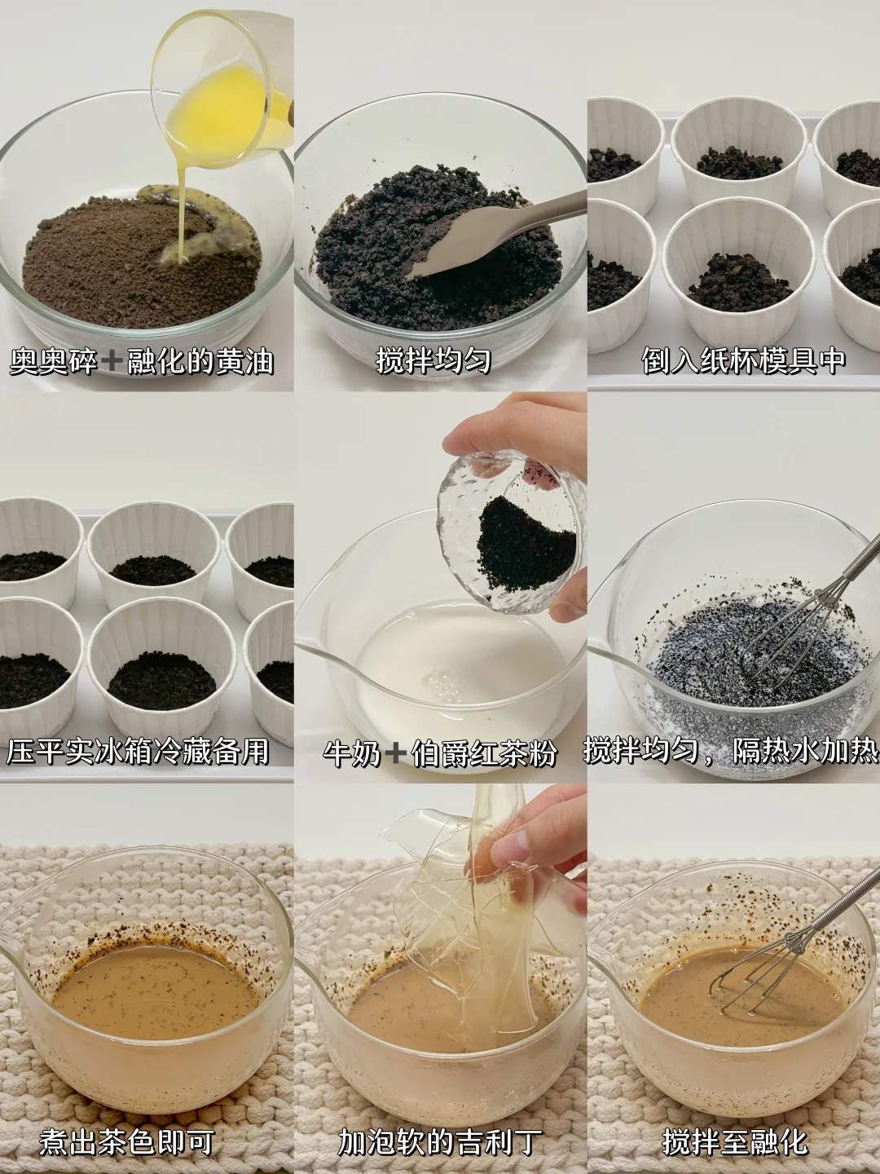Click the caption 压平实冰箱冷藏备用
click(138, 752)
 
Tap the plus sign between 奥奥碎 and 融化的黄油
click(112, 362)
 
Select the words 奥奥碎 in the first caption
click(54, 361)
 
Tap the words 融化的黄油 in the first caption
click(200, 361)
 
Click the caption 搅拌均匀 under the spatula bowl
click(433, 361)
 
